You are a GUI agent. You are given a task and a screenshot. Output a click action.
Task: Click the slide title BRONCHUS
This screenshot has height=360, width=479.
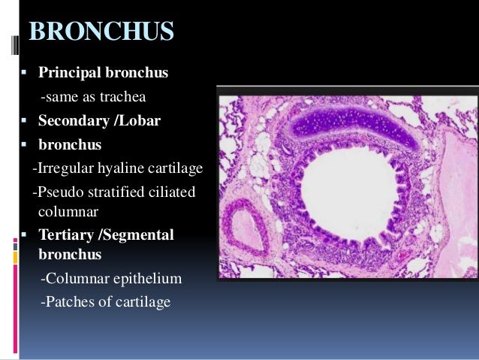101,33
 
